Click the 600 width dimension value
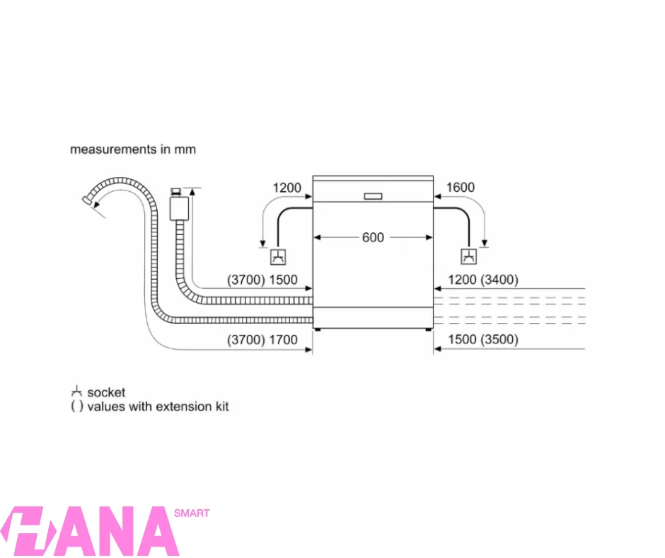coord(373,238)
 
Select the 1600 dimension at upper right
coord(461,188)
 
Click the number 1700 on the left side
coord(283,339)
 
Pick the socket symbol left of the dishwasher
coord(280,257)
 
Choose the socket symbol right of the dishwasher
coord(468,257)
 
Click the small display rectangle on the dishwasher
coord(373,196)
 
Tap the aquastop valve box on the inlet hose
coord(179,207)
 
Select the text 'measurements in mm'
coord(133,149)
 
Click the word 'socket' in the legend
coord(106,392)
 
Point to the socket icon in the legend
coord(76,392)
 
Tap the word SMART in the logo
coord(191,513)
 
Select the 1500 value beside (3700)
coord(283,280)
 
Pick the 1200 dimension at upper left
coord(287,188)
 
